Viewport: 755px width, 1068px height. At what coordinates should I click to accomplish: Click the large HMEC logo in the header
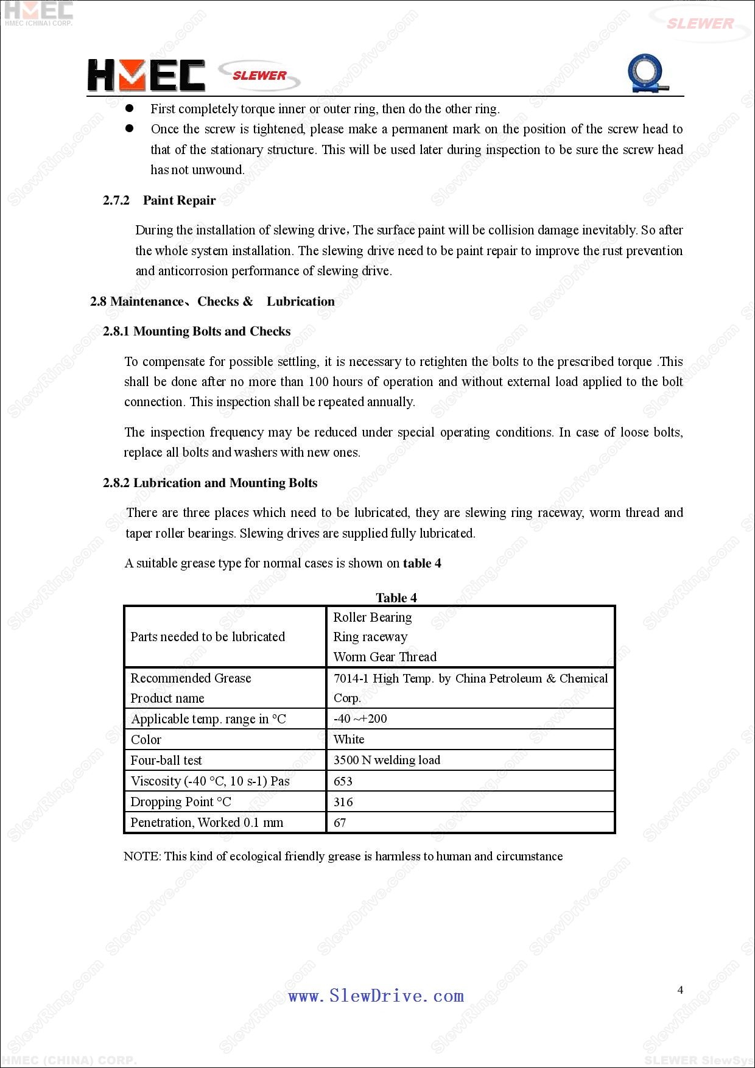(x=146, y=76)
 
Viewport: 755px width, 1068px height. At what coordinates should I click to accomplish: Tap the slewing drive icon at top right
(x=647, y=74)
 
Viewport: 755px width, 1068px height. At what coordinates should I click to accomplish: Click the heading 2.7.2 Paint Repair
(x=160, y=200)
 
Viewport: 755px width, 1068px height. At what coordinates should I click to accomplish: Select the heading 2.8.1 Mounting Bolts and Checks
(x=197, y=331)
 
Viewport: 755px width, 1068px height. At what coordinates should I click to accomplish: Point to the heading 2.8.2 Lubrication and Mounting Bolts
(x=210, y=483)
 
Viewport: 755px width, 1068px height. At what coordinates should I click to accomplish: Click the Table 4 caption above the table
(x=396, y=597)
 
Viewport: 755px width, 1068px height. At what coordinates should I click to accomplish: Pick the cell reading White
(x=349, y=739)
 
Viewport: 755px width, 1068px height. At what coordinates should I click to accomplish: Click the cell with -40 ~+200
(x=360, y=718)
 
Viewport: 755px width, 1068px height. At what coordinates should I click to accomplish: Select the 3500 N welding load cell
(x=387, y=760)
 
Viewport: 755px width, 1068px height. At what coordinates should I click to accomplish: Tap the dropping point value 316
(x=343, y=802)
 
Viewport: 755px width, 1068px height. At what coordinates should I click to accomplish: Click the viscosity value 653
(x=343, y=781)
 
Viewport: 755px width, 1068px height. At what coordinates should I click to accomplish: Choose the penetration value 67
(x=340, y=823)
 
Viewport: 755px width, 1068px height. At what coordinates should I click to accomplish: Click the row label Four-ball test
(x=166, y=760)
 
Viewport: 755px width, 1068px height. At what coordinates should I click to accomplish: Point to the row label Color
(x=146, y=739)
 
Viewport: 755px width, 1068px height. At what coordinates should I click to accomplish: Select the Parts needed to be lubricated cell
(x=208, y=636)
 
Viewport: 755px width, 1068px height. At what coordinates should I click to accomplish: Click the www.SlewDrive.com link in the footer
(x=376, y=996)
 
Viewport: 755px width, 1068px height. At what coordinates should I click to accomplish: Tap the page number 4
(x=680, y=990)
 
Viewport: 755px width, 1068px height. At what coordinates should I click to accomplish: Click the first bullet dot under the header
(x=129, y=108)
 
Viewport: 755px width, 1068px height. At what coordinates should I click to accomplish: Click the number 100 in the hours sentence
(x=318, y=382)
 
